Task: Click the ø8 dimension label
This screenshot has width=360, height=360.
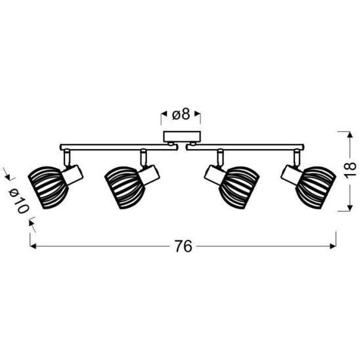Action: (181, 114)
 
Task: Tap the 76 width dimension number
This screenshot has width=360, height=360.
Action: (183, 246)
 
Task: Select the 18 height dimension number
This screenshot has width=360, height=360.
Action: (349, 170)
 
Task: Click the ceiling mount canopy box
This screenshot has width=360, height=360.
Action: (182, 137)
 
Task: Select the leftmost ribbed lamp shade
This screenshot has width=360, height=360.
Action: (48, 188)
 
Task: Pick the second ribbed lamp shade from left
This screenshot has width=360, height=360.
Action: (124, 188)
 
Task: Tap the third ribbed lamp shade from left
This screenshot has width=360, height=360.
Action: (239, 188)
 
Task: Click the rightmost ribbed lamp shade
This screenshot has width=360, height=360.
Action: (316, 188)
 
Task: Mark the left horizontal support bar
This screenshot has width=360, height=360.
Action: (118, 147)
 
